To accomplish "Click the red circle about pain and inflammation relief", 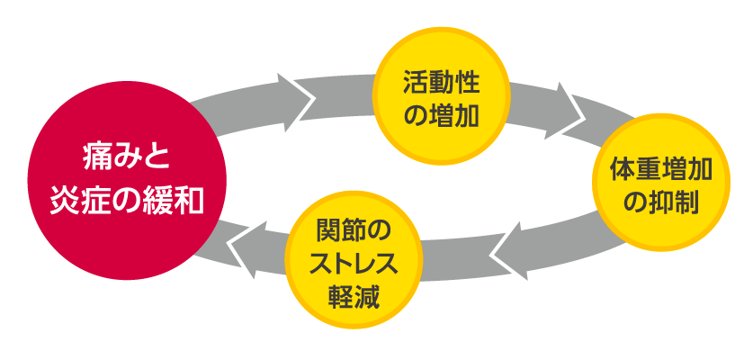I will tap(125, 180).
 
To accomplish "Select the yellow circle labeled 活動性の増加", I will tap(441, 99).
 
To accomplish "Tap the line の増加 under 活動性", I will tap(441, 115).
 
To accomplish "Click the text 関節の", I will tap(354, 230).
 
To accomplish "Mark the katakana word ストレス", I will tap(353, 263).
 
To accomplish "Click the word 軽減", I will tap(353, 294).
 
